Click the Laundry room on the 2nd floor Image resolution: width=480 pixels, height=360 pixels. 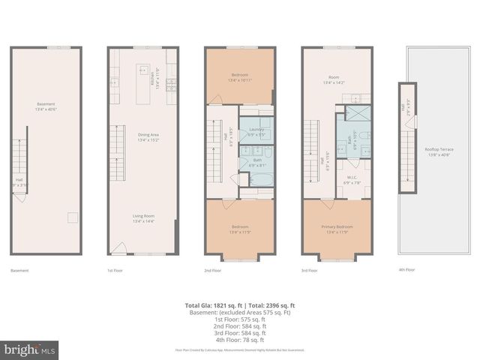tap(256, 128)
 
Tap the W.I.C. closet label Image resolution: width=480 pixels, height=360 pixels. tap(352, 181)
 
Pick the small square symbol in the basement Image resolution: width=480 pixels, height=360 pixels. tap(72, 217)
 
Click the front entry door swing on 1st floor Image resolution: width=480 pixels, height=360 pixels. tap(118, 247)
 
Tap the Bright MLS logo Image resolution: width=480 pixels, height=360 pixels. tap(30, 349)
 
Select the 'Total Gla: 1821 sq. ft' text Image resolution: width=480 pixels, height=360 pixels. tap(212, 305)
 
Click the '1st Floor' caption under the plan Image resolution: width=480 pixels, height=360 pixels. tap(116, 270)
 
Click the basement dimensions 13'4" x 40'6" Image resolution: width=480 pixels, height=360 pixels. tap(46, 109)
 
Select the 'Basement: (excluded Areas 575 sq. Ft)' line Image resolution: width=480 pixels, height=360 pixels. tap(240, 312)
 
